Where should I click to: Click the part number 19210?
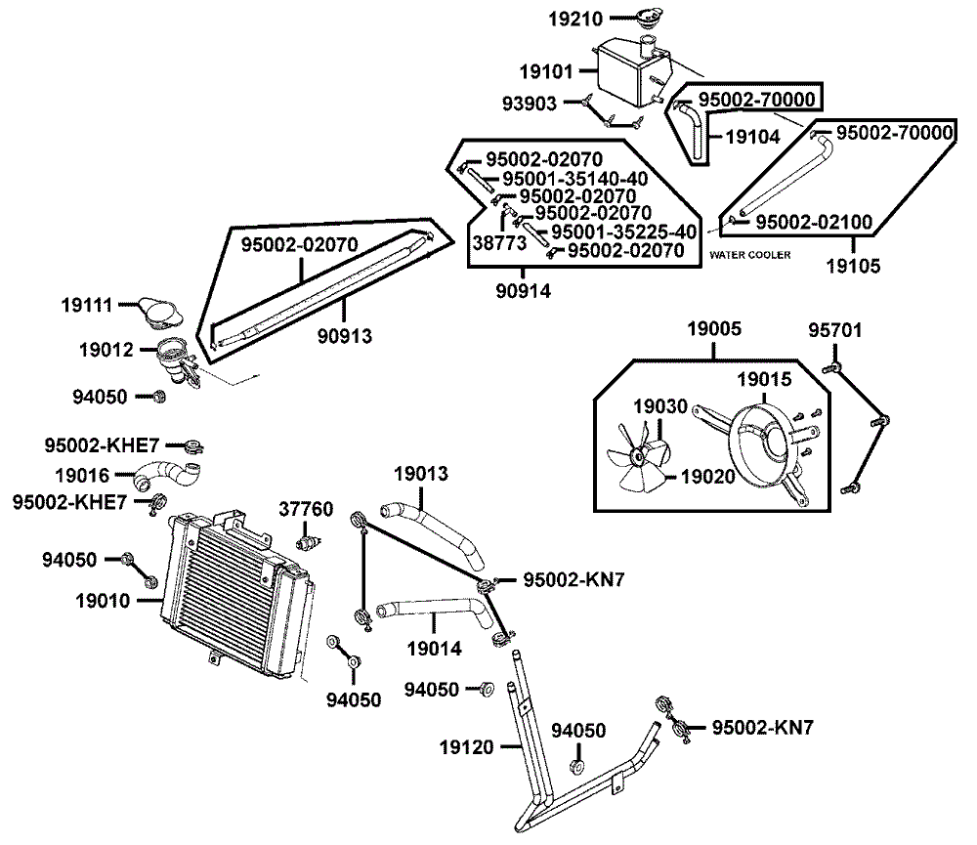575,20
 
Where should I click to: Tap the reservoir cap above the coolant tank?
648,17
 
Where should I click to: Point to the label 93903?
529,104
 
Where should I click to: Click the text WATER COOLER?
749,255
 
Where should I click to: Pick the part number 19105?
853,266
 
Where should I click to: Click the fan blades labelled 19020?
637,457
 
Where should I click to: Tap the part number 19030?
659,406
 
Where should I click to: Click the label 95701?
835,330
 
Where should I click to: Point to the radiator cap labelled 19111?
159,313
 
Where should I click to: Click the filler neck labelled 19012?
176,360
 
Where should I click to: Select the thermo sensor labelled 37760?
307,539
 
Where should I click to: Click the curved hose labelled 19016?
167,476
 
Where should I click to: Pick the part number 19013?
420,474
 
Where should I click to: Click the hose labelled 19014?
433,609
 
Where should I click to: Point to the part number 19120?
466,747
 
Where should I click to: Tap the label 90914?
523,291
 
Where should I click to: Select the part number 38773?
499,243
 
